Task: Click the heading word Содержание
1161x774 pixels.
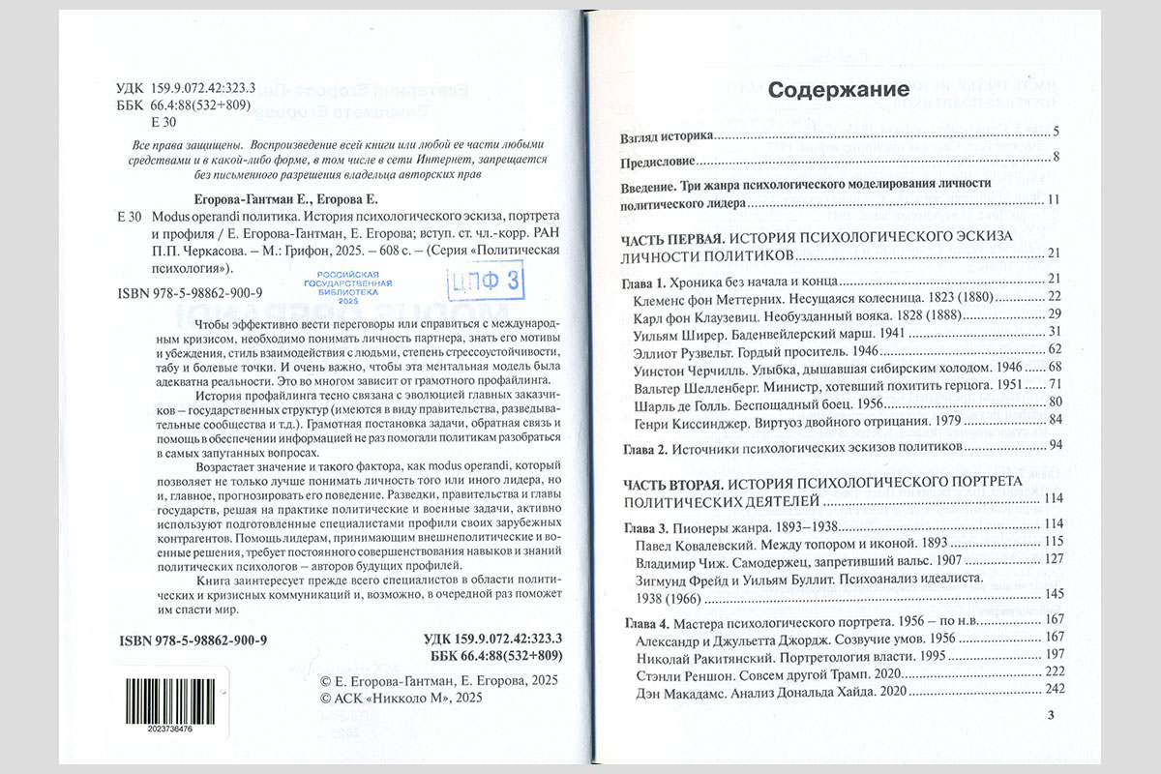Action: coord(838,91)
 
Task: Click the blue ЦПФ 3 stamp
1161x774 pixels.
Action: coord(470,282)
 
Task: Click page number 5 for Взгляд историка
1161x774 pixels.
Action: coord(1057,131)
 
